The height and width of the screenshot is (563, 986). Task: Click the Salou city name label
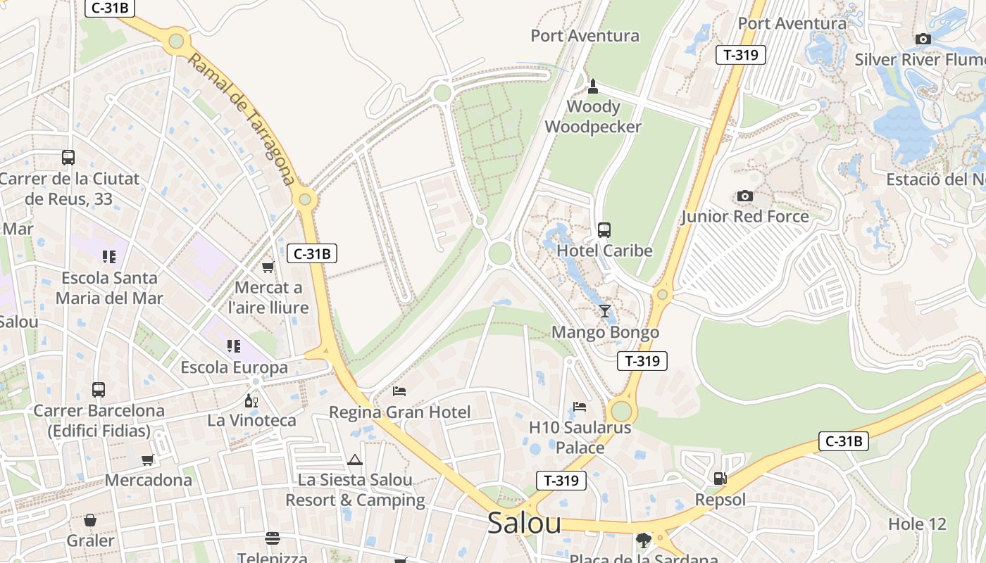coord(524,524)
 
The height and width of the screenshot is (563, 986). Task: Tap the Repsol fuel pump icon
coord(720,479)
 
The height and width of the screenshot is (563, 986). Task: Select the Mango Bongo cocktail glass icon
coord(605,310)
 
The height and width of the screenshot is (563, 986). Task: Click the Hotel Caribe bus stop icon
coord(604,229)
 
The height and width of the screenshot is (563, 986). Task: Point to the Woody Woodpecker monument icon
coord(593,87)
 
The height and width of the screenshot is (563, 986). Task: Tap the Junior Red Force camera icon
coord(744,196)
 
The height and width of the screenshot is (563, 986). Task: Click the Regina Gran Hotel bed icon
coord(399,391)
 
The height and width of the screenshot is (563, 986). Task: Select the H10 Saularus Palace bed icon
coord(580,406)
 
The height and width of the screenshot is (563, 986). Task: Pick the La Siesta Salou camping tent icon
coord(354,460)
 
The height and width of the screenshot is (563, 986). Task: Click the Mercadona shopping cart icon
coord(148,460)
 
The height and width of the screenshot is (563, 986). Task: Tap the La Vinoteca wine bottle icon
coord(251,400)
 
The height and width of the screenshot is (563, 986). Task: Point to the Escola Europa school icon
coord(234,346)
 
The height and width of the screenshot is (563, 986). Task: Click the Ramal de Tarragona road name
coord(242,120)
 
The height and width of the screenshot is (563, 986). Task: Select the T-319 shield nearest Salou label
coord(561,481)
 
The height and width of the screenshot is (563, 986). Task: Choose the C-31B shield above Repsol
coord(843,441)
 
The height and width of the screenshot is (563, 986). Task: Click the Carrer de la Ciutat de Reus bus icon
coord(68,158)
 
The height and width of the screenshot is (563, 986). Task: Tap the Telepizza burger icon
coord(273,538)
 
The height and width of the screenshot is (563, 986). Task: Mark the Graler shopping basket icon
coord(90,520)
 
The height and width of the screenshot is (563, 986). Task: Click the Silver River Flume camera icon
coord(923,39)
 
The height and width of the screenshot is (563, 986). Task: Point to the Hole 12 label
coord(917,524)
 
